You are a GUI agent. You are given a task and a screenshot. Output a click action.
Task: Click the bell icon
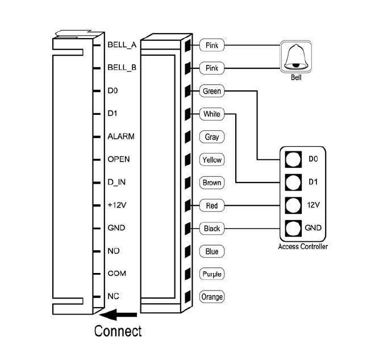click(x=295, y=57)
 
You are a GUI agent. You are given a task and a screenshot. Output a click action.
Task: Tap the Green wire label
click(x=212, y=91)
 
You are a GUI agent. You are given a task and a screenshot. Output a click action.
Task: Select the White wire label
click(x=212, y=114)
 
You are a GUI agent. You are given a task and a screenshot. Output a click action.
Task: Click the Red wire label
click(x=212, y=205)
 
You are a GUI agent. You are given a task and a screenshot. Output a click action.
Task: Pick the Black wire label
click(x=212, y=229)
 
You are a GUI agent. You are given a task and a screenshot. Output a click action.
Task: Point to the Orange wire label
click(x=212, y=297)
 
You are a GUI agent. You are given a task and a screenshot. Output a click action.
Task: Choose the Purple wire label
click(x=212, y=274)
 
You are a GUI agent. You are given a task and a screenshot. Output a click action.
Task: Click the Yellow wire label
click(x=212, y=160)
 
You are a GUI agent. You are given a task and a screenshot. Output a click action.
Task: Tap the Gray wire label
click(x=212, y=137)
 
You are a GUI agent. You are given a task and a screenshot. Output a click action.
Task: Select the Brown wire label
click(x=212, y=183)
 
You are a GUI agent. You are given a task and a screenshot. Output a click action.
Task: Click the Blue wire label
click(x=212, y=251)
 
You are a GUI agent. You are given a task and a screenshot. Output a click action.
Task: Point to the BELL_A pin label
click(x=122, y=44)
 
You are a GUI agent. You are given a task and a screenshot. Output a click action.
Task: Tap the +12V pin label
click(x=118, y=205)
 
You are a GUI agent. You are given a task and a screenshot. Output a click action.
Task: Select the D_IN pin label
click(x=117, y=182)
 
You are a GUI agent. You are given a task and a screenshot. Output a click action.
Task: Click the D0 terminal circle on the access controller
click(x=293, y=159)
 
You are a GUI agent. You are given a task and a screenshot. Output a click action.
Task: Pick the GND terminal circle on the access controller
click(x=293, y=228)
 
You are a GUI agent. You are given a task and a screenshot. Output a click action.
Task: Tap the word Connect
click(x=118, y=330)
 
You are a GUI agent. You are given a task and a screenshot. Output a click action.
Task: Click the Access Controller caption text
click(x=302, y=246)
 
